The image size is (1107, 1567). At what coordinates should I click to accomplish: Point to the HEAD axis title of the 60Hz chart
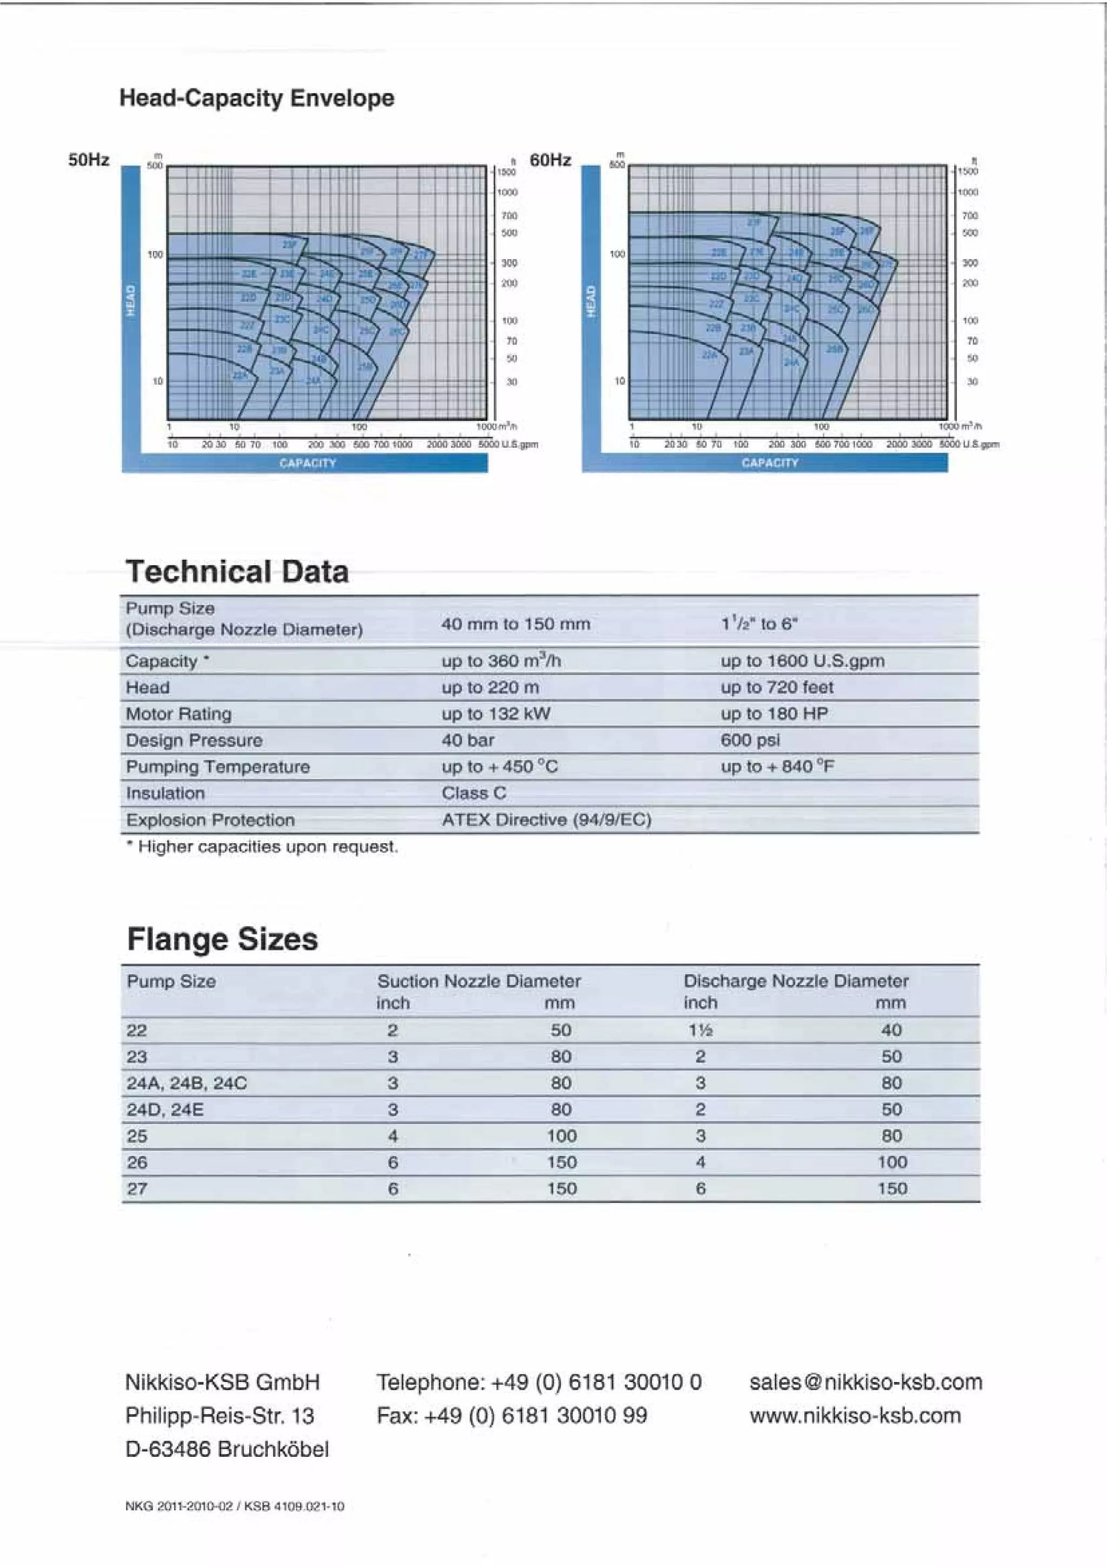(x=591, y=301)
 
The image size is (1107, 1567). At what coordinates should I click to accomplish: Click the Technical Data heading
(x=237, y=572)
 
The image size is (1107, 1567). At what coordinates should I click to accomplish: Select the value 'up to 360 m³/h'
(x=501, y=660)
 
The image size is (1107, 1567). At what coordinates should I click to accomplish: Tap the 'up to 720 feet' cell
(x=777, y=687)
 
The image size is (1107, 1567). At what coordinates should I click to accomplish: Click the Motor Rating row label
(x=179, y=714)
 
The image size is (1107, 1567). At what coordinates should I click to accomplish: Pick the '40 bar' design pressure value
(x=468, y=740)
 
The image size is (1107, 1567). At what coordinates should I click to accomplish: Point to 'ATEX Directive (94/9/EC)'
(x=546, y=819)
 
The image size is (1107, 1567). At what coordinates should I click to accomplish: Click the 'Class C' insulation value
(x=474, y=793)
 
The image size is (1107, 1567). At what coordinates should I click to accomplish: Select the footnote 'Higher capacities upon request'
(x=262, y=847)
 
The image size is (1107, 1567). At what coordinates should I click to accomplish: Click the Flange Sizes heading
(x=222, y=939)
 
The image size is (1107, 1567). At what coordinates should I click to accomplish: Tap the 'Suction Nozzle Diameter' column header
(x=479, y=981)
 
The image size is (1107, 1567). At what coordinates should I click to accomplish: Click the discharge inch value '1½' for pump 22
(x=700, y=1030)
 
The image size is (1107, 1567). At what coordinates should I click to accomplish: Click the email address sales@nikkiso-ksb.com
(x=865, y=1382)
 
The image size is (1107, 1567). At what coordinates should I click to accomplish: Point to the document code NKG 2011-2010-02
(x=179, y=1507)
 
